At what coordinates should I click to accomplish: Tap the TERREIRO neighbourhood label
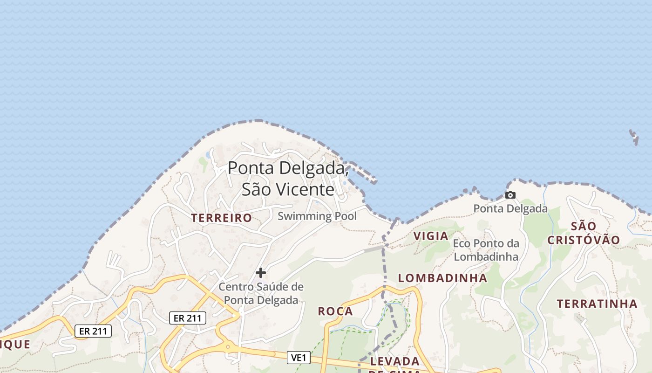(222, 218)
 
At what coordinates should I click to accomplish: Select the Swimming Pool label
(317, 216)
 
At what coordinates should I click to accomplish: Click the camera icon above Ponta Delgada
(510, 195)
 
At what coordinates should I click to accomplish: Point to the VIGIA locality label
(431, 236)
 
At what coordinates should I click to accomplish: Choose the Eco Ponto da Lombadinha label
(486, 250)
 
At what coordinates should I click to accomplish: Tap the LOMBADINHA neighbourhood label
(442, 278)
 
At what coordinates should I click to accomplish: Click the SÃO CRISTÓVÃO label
(584, 233)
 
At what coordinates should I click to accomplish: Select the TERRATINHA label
(597, 304)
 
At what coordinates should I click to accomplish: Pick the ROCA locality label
(335, 311)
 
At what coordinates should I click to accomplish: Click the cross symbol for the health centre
(261, 272)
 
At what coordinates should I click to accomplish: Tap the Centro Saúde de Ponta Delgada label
(261, 293)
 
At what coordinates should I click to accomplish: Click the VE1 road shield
(299, 358)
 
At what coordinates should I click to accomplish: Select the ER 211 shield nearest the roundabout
(187, 318)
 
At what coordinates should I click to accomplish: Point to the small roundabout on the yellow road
(228, 346)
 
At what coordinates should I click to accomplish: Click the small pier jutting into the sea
(363, 173)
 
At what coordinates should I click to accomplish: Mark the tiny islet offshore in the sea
(634, 137)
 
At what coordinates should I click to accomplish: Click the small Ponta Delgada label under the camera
(510, 208)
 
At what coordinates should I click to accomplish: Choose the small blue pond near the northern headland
(208, 154)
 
